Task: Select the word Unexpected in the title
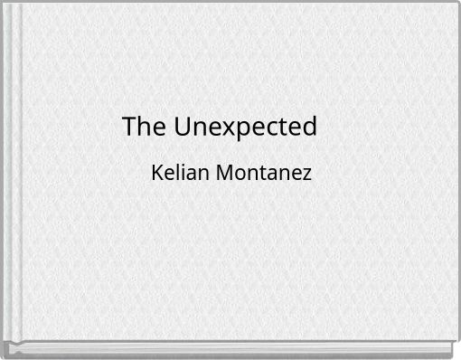pos(246,128)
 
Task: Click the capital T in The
pos(129,128)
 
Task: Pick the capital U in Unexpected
pos(182,128)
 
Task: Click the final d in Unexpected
pos(310,128)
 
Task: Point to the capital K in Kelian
pos(158,172)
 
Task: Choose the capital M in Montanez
pos(221,172)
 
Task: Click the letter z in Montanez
pos(307,174)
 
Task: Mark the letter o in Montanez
pos(237,174)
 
